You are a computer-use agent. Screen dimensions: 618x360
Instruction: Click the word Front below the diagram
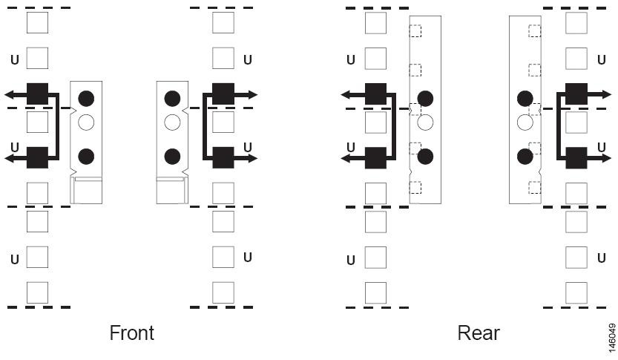click(131, 333)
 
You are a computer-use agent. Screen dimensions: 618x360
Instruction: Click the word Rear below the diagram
click(479, 333)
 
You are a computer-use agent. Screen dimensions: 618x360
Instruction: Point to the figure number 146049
click(611, 338)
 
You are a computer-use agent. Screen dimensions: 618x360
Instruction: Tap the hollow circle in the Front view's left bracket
click(86, 122)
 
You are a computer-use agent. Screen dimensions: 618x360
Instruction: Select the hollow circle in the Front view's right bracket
click(172, 122)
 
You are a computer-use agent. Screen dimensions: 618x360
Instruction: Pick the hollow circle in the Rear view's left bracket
click(425, 122)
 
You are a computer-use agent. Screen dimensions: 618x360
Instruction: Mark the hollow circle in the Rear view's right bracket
click(525, 122)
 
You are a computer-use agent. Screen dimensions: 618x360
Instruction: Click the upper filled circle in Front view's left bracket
click(86, 98)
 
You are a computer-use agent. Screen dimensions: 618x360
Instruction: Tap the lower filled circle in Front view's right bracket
click(172, 157)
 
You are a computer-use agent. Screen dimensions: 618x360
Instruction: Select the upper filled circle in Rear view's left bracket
click(425, 98)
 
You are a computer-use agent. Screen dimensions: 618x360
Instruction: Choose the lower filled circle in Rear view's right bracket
click(525, 157)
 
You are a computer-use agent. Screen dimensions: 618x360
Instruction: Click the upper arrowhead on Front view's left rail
click(10, 94)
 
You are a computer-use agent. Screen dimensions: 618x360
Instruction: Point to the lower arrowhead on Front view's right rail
click(253, 159)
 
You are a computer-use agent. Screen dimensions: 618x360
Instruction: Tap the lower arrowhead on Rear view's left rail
click(346, 159)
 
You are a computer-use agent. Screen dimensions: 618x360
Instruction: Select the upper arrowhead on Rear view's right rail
click(606, 94)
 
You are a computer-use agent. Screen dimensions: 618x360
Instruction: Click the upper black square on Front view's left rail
click(37, 94)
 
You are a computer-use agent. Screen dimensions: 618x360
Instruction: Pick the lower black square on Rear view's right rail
click(576, 157)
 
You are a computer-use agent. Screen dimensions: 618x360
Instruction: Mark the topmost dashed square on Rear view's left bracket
click(415, 30)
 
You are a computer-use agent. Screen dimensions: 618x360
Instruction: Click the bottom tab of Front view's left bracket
click(86, 191)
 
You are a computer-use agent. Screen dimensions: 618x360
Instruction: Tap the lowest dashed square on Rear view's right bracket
click(534, 187)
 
